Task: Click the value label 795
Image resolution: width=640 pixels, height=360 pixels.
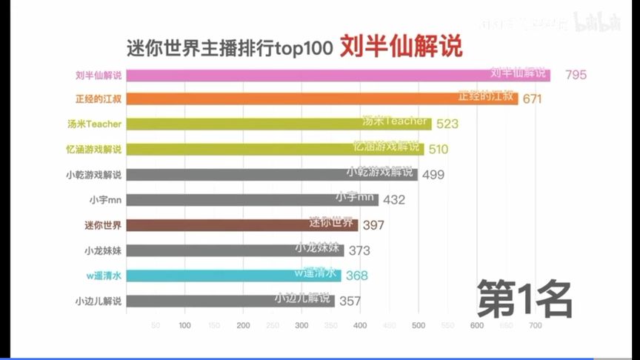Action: [x=578, y=75]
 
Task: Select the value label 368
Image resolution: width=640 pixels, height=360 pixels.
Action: [x=356, y=276]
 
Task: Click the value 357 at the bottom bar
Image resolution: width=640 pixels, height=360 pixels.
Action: [x=350, y=301]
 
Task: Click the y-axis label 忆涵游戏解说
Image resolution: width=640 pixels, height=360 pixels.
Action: [x=93, y=149]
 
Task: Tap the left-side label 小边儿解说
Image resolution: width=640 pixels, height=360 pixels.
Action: [x=98, y=301]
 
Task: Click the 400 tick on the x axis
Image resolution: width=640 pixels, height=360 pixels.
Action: [x=360, y=325]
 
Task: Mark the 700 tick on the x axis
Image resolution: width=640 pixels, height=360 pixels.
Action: [x=535, y=325]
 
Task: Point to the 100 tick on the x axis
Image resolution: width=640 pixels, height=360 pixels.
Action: [x=184, y=325]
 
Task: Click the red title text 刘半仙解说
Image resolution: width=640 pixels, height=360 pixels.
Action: [x=401, y=47]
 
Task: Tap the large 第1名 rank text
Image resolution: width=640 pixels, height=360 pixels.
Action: [x=524, y=298]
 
